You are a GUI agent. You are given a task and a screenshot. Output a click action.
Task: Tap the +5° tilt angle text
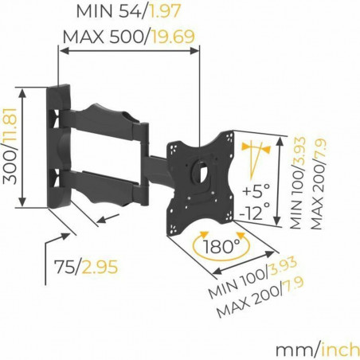pyautogui.click(x=256, y=192)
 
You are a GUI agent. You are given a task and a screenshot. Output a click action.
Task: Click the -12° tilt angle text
pyautogui.click(x=256, y=213)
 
